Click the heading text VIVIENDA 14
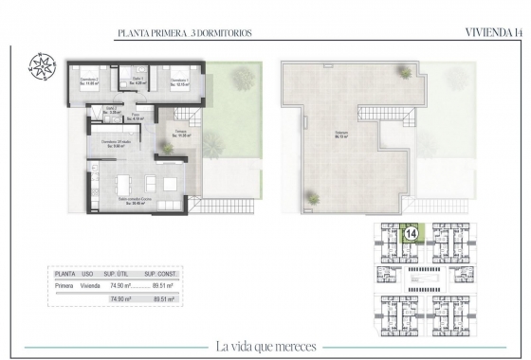[x=493, y=32]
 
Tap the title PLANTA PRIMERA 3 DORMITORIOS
[x=184, y=33]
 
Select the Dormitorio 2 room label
[x=88, y=81]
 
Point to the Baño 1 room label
[x=136, y=81]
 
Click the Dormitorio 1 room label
[x=174, y=81]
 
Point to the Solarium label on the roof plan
[x=339, y=134]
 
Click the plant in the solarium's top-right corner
[x=405, y=71]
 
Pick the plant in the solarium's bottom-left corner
[x=310, y=196]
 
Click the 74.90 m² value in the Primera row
[x=119, y=282]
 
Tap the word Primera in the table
[x=65, y=282]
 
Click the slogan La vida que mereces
[x=265, y=345]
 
